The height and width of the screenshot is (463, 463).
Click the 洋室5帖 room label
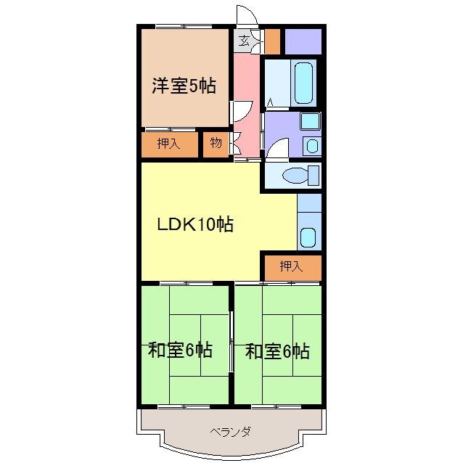coord(184,86)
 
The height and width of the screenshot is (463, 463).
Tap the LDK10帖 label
coord(195,224)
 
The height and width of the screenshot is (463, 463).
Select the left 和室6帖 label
coord(181,351)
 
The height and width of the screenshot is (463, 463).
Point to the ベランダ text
coord(231,432)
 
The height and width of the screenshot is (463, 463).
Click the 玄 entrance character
coord(245,41)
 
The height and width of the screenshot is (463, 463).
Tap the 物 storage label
coord(216,143)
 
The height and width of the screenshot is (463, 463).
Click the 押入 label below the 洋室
coord(168,143)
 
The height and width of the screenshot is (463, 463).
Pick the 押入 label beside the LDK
coord(291,267)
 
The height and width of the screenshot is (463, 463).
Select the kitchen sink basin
coord(308,237)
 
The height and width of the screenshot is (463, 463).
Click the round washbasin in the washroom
coord(311,145)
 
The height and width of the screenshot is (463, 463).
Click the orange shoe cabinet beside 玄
coord(272,41)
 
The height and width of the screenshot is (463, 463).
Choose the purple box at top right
coord(301,41)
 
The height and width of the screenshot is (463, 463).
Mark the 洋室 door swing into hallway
coord(239,113)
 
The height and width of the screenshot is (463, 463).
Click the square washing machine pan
coord(310,121)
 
